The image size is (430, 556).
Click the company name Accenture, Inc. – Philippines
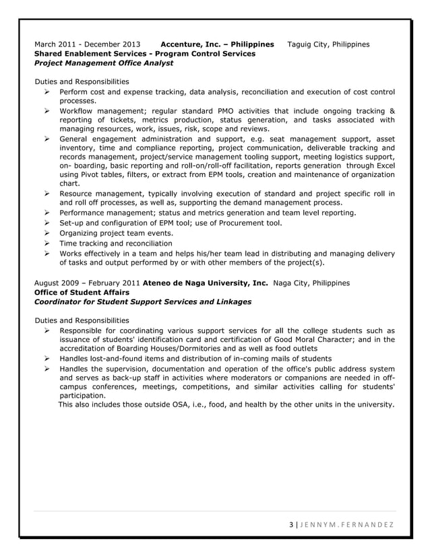coord(217,44)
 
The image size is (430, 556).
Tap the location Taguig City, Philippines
coord(328,44)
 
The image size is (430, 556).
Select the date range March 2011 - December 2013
coord(88,44)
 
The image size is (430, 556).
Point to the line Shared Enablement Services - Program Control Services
coord(144,54)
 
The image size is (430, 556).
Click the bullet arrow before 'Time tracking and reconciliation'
coord(48,243)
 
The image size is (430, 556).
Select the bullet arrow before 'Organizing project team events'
coord(48,233)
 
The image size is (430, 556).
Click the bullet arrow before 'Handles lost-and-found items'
coord(48,359)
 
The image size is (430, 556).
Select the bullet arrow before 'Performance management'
coord(48,213)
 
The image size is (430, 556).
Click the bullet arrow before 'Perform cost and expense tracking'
coord(48,91)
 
